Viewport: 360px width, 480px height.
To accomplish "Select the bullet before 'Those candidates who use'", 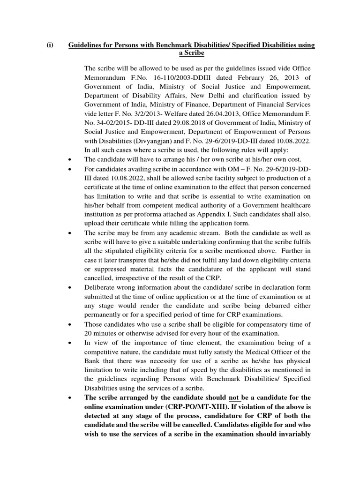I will click(69, 324).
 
